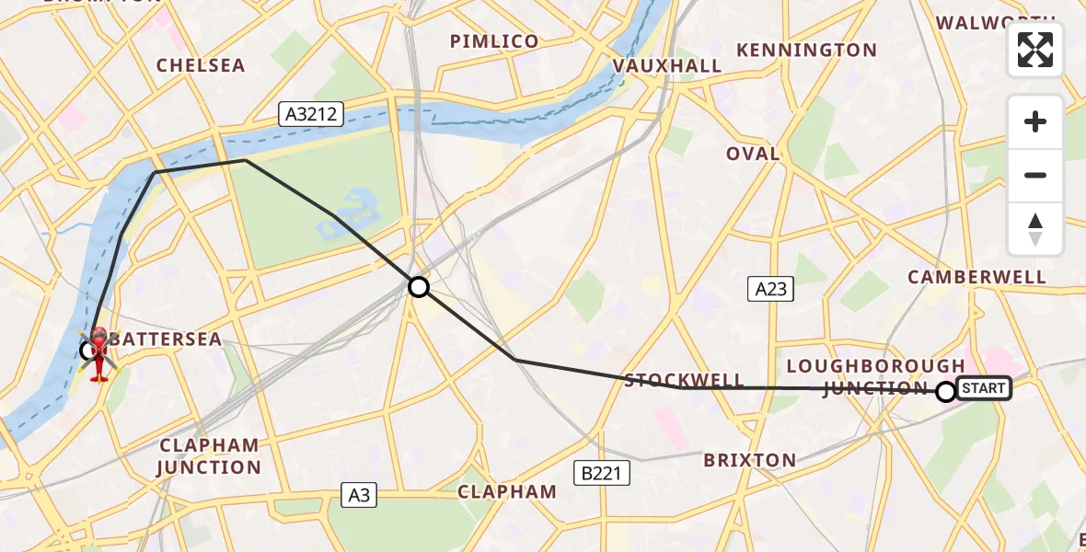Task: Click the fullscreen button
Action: (1035, 50)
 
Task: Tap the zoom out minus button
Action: (1035, 175)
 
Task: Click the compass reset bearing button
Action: (1035, 229)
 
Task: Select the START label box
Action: (984, 388)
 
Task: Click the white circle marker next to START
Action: (945, 392)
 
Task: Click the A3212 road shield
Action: (312, 114)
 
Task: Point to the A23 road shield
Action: (770, 290)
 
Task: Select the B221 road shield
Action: (602, 473)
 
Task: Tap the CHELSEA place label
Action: (201, 65)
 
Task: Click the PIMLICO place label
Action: (493, 41)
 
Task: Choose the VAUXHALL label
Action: (667, 66)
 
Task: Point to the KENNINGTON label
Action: (806, 50)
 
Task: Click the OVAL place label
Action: (753, 154)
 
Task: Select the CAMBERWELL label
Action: (976, 277)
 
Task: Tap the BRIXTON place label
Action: (749, 460)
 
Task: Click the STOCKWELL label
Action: (684, 380)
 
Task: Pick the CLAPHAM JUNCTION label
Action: (210, 456)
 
